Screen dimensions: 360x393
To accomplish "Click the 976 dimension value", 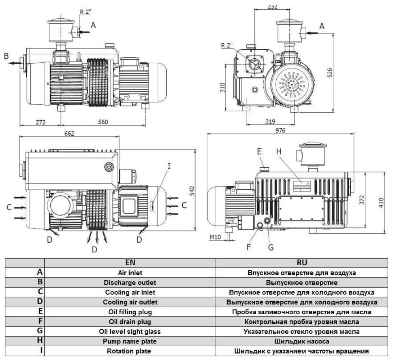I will point(280,130).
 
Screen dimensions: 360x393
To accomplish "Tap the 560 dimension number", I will point(103,122).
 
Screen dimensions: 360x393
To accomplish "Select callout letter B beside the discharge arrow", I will point(6,56).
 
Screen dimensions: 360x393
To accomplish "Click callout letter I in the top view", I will point(169,166).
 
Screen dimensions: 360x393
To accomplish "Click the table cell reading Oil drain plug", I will point(130,321).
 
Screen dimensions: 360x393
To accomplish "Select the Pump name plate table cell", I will point(130,341).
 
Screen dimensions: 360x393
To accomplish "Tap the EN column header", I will point(130,263).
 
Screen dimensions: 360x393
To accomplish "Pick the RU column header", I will point(302,263).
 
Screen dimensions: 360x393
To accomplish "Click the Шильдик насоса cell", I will point(302,341).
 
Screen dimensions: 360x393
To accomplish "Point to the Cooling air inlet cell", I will point(130,292).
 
